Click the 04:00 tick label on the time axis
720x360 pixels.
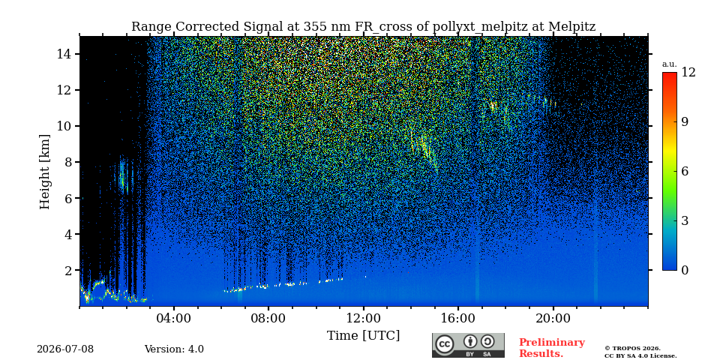(x=173, y=318)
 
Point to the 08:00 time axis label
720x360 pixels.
(x=268, y=318)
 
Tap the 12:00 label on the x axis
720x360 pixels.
(x=364, y=318)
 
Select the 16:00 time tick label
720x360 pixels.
(x=458, y=318)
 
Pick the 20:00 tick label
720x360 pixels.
(x=553, y=318)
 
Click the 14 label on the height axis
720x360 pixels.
(x=64, y=54)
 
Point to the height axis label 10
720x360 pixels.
(x=64, y=126)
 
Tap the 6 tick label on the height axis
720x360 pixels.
(x=68, y=198)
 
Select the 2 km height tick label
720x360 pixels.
(x=68, y=271)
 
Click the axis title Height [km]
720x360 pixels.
(x=44, y=172)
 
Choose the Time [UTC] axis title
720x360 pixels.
(x=363, y=336)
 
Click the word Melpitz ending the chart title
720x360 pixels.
(x=572, y=27)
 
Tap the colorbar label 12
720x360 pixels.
(x=688, y=73)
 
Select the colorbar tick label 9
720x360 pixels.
(x=685, y=121)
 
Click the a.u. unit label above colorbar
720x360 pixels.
(x=670, y=64)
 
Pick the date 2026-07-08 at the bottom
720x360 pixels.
(x=65, y=349)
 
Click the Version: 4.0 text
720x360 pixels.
(x=174, y=349)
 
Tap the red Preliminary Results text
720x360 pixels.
(x=552, y=348)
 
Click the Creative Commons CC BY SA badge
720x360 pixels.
(x=468, y=345)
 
